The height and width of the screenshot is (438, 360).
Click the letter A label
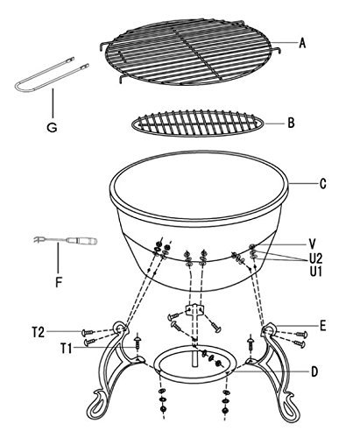(302, 43)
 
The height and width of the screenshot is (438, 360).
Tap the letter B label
(291, 123)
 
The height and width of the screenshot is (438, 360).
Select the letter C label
(322, 184)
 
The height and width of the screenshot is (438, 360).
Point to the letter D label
(314, 371)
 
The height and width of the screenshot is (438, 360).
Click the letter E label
(322, 326)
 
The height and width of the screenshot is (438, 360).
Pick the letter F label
(59, 282)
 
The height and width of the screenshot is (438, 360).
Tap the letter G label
(52, 127)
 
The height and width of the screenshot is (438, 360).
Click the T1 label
(67, 349)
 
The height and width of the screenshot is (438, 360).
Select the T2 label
(39, 332)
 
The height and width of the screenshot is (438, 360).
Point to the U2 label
(316, 258)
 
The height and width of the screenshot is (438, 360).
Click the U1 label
(316, 272)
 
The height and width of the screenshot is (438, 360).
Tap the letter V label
(312, 244)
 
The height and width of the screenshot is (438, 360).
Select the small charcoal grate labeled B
(198, 123)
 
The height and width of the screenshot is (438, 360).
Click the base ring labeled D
(194, 378)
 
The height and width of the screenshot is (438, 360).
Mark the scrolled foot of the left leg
(97, 406)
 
